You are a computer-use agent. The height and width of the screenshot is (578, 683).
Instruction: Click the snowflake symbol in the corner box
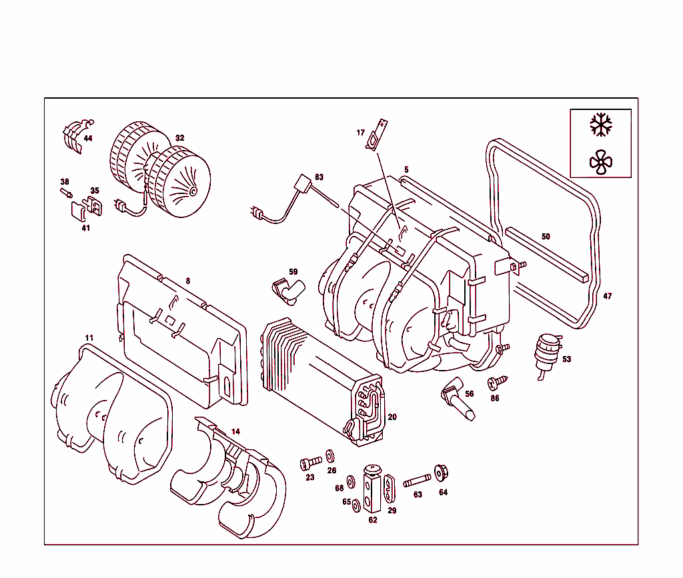(601, 125)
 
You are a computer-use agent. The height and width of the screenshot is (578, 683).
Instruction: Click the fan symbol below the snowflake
(600, 161)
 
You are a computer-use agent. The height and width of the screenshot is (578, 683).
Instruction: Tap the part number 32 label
(179, 138)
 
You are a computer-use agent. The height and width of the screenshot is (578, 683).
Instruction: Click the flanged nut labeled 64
(440, 473)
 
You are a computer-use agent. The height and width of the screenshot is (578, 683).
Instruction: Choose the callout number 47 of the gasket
(607, 296)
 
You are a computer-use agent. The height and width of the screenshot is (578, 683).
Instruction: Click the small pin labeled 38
(67, 193)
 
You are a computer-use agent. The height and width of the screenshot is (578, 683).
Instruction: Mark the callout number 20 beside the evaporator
(392, 417)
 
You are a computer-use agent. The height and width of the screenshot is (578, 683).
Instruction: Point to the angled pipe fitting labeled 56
(456, 398)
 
